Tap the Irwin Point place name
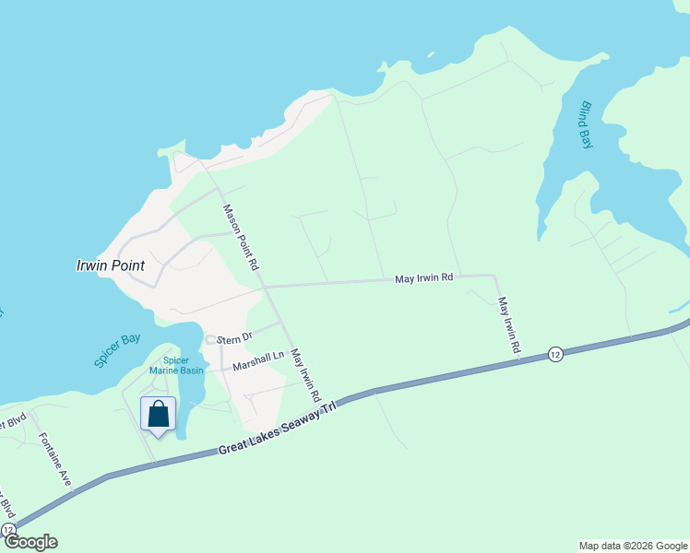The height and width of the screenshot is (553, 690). [110, 265]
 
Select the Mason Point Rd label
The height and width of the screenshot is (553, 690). [241, 236]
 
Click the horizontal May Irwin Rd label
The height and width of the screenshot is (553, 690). [423, 276]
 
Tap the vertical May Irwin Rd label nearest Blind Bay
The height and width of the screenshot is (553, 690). [509, 326]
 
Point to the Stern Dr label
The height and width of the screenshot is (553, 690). [234, 338]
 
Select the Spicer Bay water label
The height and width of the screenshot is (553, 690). [118, 350]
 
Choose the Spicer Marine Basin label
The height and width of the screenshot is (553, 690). [183, 365]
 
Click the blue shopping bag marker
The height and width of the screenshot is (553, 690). [159, 414]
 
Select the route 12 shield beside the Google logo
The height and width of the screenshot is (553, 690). [8, 530]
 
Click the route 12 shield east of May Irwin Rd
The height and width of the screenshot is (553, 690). [554, 353]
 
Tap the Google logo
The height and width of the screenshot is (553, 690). [30, 542]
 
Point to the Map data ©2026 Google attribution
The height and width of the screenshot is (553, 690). [632, 546]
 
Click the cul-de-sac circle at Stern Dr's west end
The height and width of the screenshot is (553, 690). [209, 339]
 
